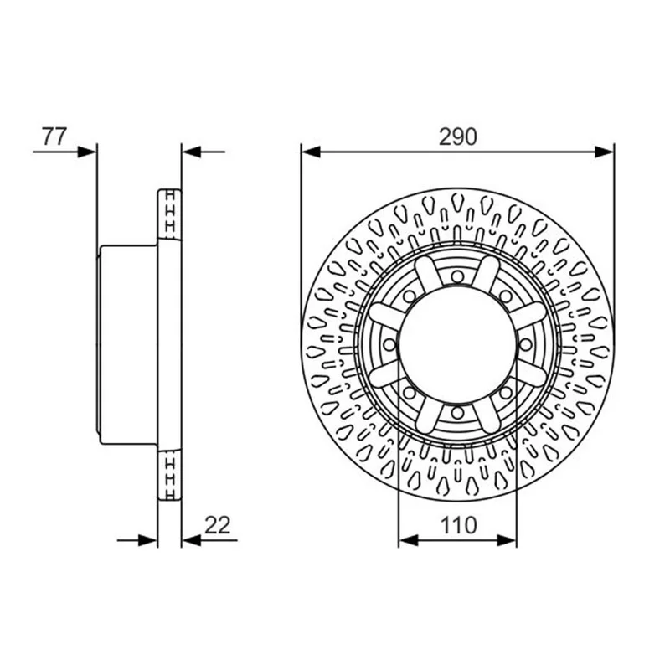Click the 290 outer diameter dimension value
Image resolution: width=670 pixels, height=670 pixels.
pos(457,137)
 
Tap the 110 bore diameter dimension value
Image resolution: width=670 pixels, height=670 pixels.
pos(458,525)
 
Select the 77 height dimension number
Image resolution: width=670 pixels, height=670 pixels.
pos(54,137)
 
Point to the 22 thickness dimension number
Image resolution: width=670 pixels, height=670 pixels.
pos(218,525)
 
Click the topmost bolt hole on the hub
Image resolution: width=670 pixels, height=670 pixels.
pos(457,276)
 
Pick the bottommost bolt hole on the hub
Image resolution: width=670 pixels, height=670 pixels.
pos(457,413)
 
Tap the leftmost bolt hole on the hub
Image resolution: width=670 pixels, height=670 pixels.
pos(389,344)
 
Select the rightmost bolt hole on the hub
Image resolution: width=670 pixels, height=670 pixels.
pos(526,344)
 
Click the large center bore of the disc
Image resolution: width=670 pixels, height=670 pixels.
pos(457,344)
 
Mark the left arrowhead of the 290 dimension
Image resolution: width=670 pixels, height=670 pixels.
pos(311,152)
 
